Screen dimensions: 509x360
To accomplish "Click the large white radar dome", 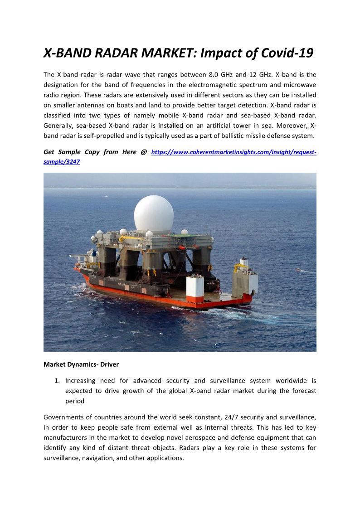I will pos(154,214).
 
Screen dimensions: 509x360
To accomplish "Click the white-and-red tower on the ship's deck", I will pos(195,288).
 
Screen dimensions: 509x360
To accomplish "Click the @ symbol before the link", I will pos(144,152).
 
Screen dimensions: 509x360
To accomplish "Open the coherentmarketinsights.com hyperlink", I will pos(234,153).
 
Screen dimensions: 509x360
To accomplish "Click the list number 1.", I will pos(57,381).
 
